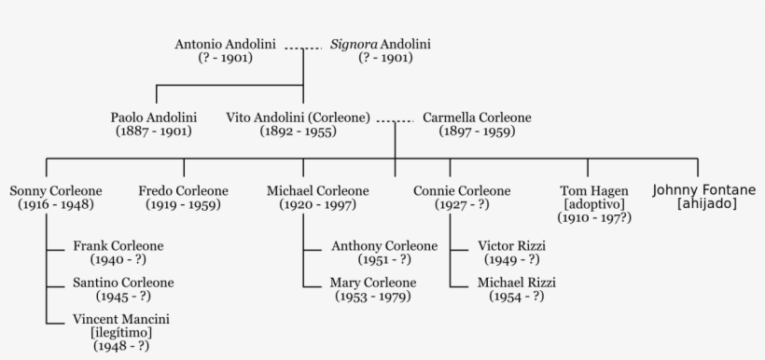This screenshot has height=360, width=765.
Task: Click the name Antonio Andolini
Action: pos(226,45)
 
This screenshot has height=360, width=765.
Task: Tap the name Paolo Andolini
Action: pos(154,118)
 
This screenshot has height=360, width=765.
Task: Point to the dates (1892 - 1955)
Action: pos(298,132)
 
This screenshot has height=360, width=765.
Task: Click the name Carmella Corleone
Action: pos(477,118)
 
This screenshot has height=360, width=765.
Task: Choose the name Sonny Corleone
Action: pos(56,191)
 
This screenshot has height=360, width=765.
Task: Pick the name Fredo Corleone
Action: pos(183,191)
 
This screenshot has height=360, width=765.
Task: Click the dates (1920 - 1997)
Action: pos(317,205)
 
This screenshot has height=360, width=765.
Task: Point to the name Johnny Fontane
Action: pos(704,190)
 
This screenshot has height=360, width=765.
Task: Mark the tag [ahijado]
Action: pos(704,204)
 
